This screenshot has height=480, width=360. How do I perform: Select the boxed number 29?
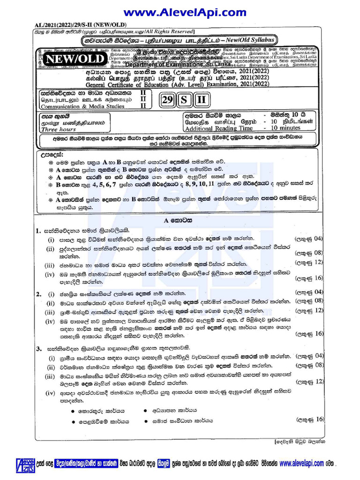click(167, 100)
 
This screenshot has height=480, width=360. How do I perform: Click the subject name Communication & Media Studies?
click(82, 106)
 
